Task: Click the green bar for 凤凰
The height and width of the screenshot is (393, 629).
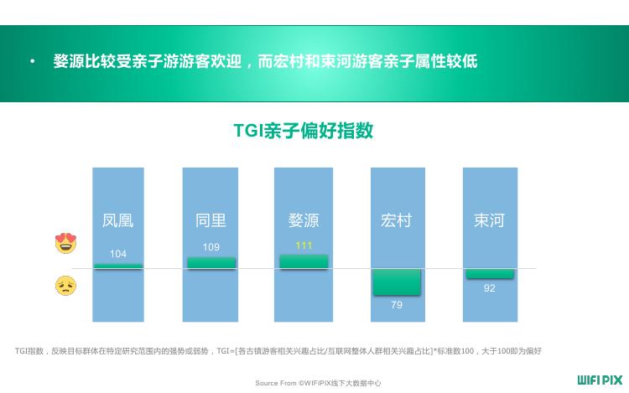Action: click(118, 266)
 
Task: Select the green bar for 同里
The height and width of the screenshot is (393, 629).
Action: click(211, 263)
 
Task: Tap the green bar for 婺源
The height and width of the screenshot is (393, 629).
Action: click(304, 261)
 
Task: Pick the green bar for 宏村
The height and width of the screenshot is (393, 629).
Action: click(397, 282)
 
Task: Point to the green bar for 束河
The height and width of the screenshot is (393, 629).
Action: click(490, 274)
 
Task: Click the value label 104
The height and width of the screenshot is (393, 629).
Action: click(118, 254)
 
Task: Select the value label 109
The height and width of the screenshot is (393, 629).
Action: click(211, 247)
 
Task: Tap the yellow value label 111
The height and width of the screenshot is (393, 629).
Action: click(304, 246)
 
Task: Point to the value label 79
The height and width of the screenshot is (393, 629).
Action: click(397, 305)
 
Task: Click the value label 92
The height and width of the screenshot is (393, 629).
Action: click(490, 288)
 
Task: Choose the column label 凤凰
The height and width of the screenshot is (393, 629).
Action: click(117, 220)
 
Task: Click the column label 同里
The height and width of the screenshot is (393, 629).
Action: click(211, 220)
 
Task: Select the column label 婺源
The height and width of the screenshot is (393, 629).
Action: click(304, 220)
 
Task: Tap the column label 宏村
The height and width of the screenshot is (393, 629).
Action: click(397, 220)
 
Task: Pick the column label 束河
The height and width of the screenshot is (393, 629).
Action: click(489, 220)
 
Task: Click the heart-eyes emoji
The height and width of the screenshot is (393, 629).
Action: click(65, 243)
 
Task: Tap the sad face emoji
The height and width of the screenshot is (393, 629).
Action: click(65, 286)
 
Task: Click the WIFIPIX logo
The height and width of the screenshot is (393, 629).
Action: click(600, 380)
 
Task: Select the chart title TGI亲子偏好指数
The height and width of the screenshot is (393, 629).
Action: click(304, 131)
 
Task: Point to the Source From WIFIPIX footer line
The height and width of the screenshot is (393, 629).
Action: click(318, 383)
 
